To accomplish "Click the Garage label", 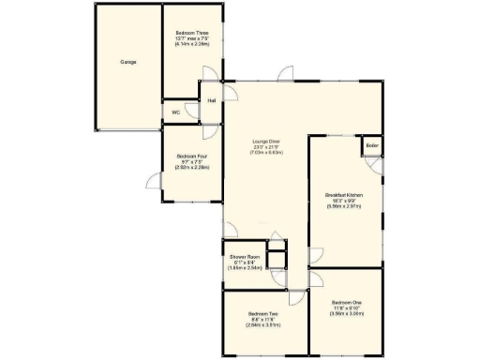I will (x=128, y=62).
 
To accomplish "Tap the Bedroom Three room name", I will (x=191, y=33).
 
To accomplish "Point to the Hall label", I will (x=211, y=99).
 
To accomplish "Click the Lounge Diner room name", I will (x=266, y=141).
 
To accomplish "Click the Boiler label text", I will (x=372, y=146).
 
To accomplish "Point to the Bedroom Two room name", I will (x=263, y=313).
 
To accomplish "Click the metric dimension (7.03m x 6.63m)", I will (x=266, y=152).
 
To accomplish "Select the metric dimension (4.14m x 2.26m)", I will (x=191, y=44).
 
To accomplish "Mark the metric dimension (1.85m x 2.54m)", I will (x=243, y=268).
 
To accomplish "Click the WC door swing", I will (x=192, y=111).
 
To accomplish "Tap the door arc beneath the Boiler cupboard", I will (x=376, y=165).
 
